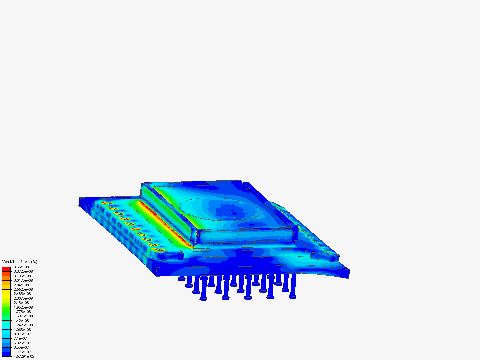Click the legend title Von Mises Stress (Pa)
point(20,262)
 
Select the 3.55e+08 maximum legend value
point(21,267)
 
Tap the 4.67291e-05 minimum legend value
point(24,356)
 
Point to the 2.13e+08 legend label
point(21,303)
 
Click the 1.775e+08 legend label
point(22,312)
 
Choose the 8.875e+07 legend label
point(22,334)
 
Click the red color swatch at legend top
point(6,269)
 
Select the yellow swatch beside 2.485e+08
point(6,294)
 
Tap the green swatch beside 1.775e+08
point(6,312)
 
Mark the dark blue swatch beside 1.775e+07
point(6,352)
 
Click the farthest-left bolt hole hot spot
point(106,203)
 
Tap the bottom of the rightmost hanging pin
point(293,297)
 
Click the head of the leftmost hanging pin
point(182,279)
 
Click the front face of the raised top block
point(247,235)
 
